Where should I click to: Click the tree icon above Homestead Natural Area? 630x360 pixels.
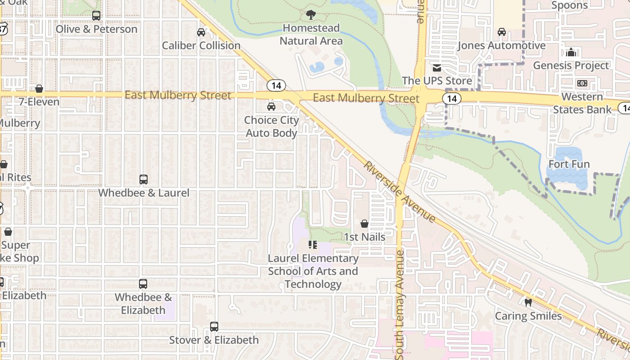pyautogui.click(x=310, y=15)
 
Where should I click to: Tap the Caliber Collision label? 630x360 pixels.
pyautogui.click(x=201, y=45)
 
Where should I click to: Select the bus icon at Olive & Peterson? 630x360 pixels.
pyautogui.click(x=96, y=16)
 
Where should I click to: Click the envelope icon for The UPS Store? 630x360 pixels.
pyautogui.click(x=436, y=68)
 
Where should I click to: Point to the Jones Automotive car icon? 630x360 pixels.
pyautogui.click(x=501, y=32)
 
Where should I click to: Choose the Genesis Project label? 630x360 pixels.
pyautogui.click(x=571, y=66)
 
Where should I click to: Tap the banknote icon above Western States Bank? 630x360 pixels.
pyautogui.click(x=582, y=83)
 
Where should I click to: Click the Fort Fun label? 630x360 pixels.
pyautogui.click(x=569, y=164)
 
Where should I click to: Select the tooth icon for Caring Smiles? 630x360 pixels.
pyautogui.click(x=528, y=302)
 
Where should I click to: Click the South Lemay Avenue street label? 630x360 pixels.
pyautogui.click(x=400, y=305)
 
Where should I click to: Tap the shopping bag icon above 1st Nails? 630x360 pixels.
pyautogui.click(x=364, y=224)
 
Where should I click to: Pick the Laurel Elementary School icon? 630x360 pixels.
pyautogui.click(x=313, y=245)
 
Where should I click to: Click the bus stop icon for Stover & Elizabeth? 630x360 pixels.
pyautogui.click(x=214, y=327)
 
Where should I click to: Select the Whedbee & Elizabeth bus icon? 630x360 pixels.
pyautogui.click(x=143, y=284)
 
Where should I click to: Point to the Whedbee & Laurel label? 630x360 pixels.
pyautogui.click(x=144, y=193)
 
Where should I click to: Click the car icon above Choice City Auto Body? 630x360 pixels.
pyautogui.click(x=271, y=107)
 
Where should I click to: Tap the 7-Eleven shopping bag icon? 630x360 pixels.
pyautogui.click(x=39, y=89)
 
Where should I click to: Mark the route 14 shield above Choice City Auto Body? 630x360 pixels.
pyautogui.click(x=276, y=85)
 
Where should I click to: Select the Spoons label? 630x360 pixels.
pyautogui.click(x=569, y=5)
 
